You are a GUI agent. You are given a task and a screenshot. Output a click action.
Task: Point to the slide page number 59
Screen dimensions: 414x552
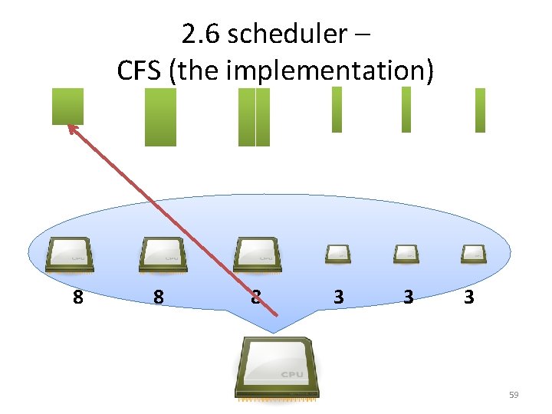[514, 395]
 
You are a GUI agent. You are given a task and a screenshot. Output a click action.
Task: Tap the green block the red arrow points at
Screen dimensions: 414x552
[67, 106]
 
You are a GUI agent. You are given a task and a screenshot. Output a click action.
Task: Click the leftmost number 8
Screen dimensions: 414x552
[77, 297]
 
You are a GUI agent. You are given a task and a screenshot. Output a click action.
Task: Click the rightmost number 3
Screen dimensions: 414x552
[468, 297]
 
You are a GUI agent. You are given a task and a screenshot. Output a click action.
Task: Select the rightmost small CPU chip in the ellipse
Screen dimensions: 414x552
[472, 253]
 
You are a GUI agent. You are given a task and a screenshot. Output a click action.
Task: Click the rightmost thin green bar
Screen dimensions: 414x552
[480, 110]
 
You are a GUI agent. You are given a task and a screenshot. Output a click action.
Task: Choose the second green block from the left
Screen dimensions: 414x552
[160, 117]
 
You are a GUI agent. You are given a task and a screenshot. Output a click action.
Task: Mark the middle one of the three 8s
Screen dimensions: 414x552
[158, 297]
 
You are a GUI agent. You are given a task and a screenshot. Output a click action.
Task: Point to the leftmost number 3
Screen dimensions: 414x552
[338, 297]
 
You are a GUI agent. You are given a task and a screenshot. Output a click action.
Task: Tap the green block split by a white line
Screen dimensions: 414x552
[255, 117]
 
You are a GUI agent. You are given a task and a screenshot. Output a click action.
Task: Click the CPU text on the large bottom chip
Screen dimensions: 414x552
[291, 374]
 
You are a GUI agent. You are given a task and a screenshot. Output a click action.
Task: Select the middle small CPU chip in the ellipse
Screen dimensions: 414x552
[406, 253]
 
